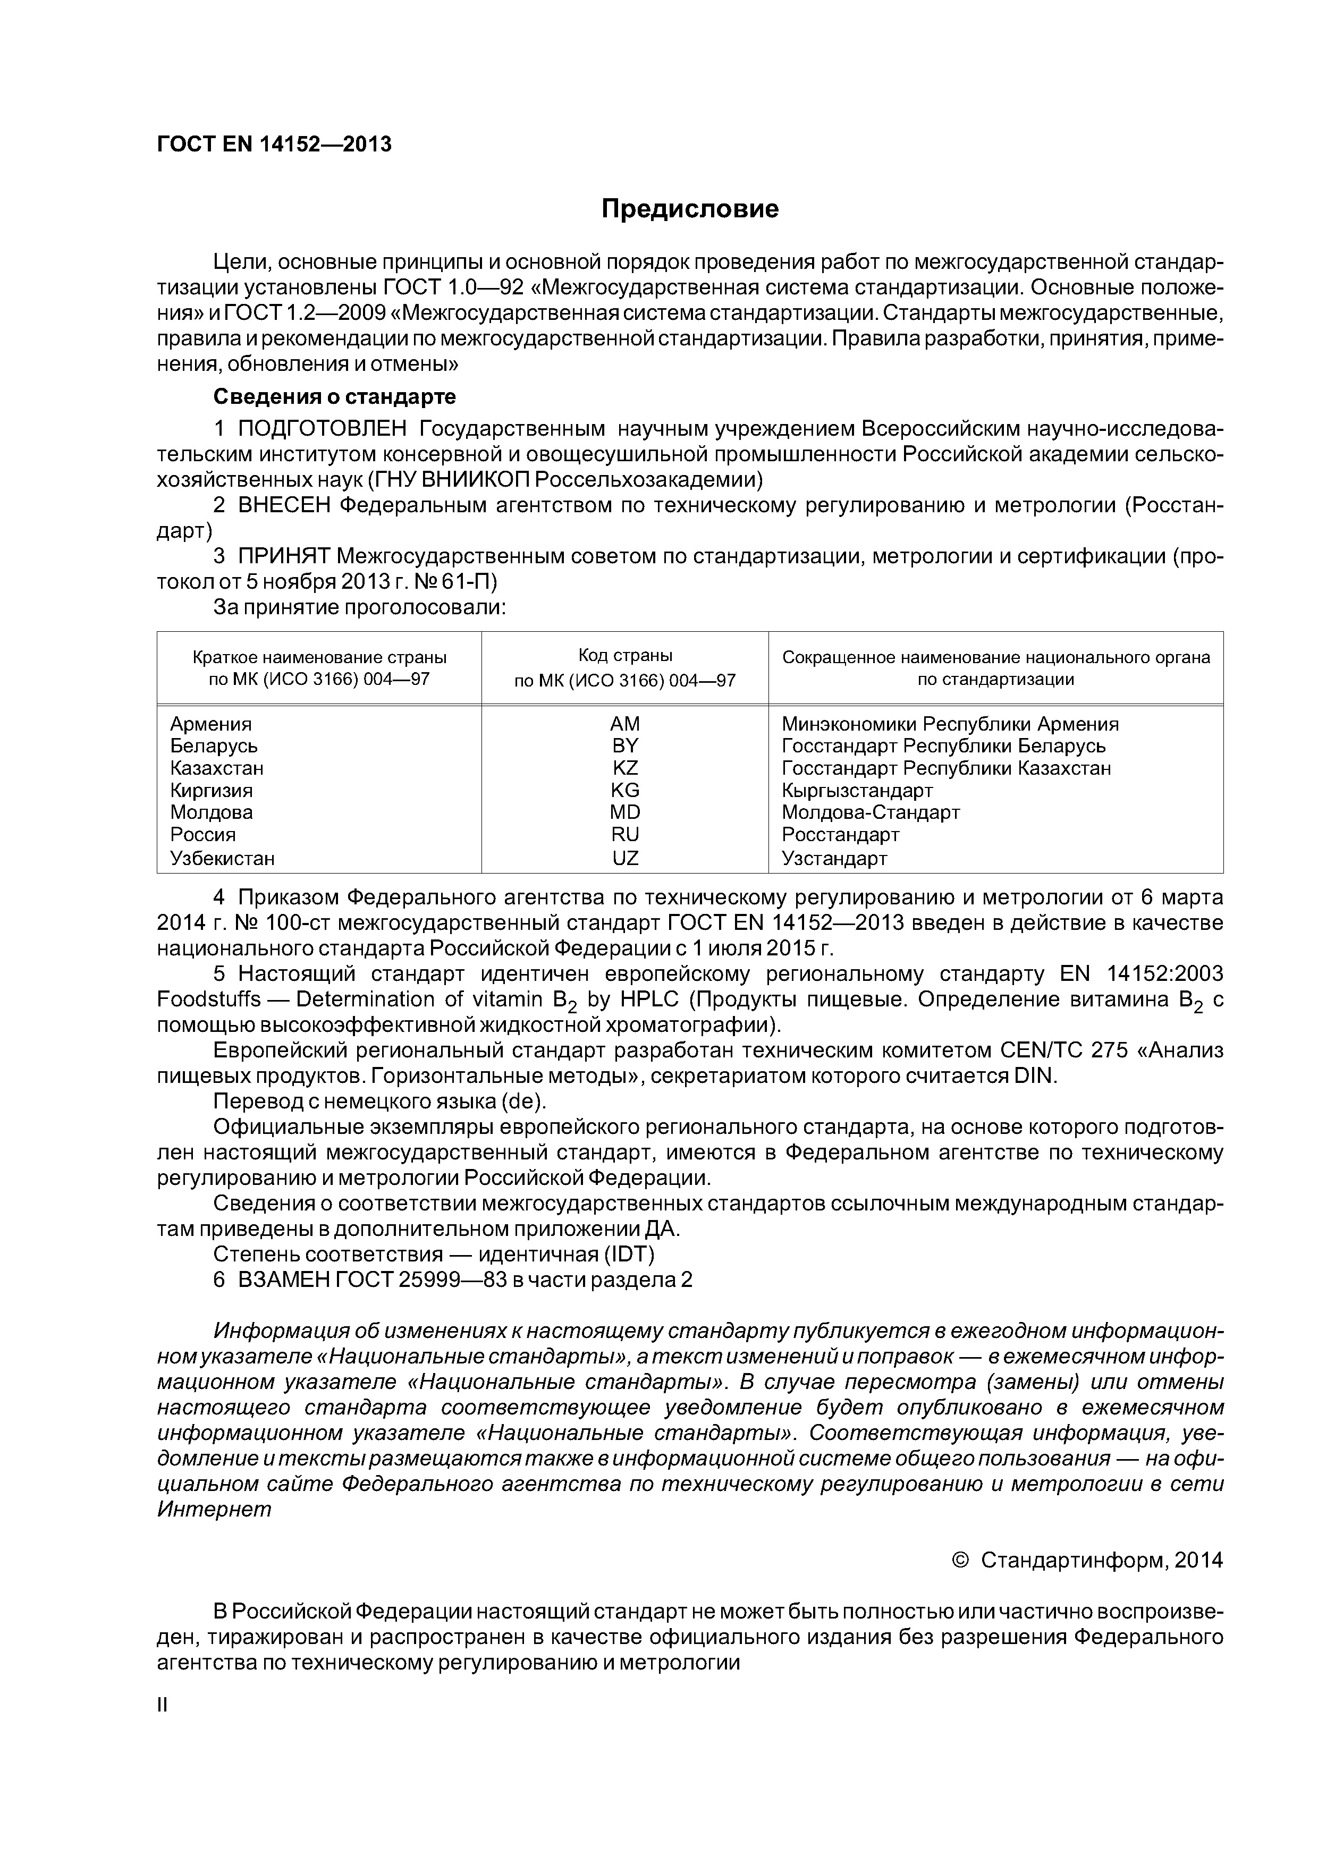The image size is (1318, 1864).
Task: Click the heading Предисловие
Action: click(689, 209)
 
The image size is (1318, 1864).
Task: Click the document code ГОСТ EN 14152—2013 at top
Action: click(274, 145)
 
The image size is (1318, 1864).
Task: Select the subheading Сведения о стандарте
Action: click(334, 397)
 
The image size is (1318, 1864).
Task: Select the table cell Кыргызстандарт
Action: click(857, 791)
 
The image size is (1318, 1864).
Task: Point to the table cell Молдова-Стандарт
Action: click(871, 812)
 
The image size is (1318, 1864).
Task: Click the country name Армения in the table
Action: click(211, 724)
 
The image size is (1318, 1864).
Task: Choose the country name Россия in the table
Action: click(203, 835)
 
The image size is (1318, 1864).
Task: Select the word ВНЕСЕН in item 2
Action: click(284, 506)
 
